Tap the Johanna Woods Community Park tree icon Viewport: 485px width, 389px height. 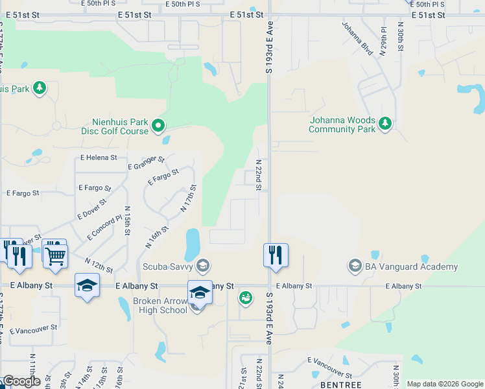385,123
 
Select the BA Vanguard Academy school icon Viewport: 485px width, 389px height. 355,266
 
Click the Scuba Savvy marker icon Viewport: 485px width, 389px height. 203,265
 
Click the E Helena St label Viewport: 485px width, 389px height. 99,157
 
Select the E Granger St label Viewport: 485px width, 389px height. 147,162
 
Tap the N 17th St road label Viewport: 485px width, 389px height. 188,198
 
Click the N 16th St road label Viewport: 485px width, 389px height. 157,237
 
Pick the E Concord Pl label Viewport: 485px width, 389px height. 104,228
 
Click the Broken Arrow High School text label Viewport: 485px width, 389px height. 160,305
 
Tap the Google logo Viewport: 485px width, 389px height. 21,381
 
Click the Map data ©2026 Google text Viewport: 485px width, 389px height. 445,384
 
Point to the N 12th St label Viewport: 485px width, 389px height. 99,265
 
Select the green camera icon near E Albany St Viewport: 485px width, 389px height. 245,298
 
